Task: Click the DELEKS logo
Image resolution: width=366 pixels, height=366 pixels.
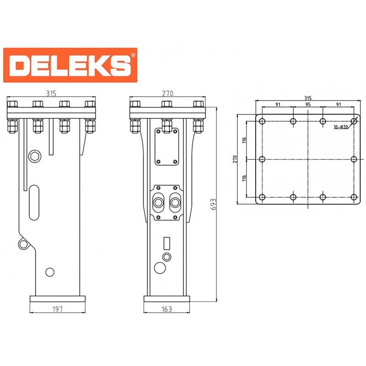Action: pyautogui.click(x=70, y=65)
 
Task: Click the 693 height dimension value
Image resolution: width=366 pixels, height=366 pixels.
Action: pyautogui.click(x=213, y=205)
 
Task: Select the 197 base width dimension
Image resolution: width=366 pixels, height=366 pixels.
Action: pyautogui.click(x=58, y=309)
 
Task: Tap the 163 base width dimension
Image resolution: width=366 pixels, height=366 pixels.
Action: pyautogui.click(x=167, y=309)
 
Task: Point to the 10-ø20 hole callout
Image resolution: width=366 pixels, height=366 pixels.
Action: pyautogui.click(x=341, y=127)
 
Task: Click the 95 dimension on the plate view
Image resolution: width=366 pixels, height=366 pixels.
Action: pyautogui.click(x=308, y=104)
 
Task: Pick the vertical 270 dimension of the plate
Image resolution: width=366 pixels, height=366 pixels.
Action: pyautogui.click(x=235, y=159)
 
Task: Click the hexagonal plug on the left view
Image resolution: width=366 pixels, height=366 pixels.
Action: pyautogui.click(x=35, y=156)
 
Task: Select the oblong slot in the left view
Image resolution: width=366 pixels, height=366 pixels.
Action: pyautogui.click(x=34, y=203)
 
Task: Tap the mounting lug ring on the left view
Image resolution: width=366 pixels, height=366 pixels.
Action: pyautogui.click(x=23, y=244)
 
